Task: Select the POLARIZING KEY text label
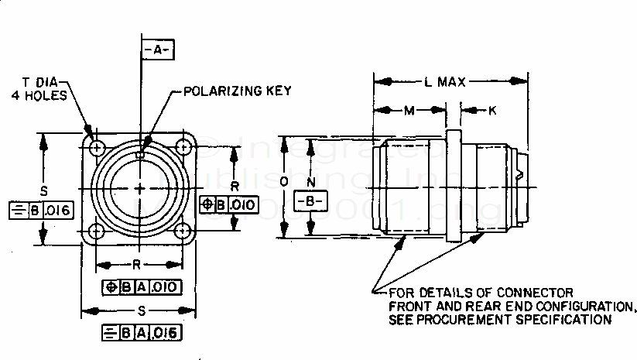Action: (237, 91)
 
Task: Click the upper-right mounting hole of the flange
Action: (183, 146)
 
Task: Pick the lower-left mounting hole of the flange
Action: (96, 231)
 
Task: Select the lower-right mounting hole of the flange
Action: (183, 231)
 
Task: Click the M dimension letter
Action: (408, 111)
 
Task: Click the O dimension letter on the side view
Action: (285, 182)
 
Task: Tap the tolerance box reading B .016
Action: (39, 210)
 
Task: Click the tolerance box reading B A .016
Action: (142, 333)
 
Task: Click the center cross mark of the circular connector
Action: (140, 189)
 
